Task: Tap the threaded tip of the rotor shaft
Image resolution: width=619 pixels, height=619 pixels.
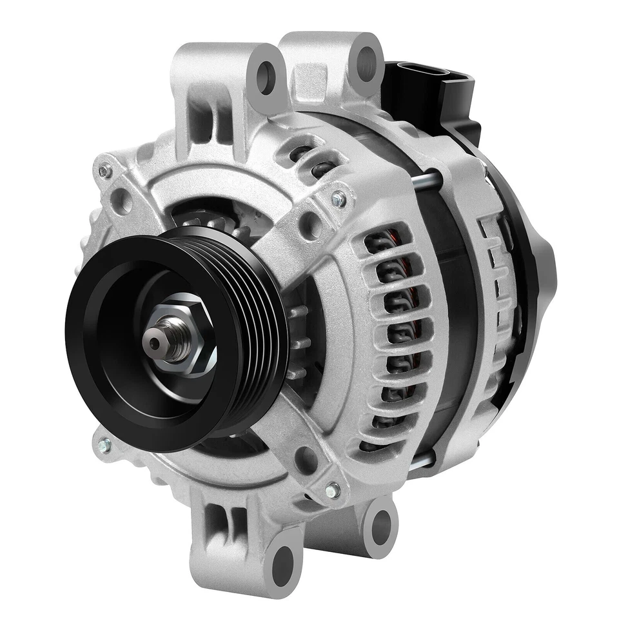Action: tap(155, 336)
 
